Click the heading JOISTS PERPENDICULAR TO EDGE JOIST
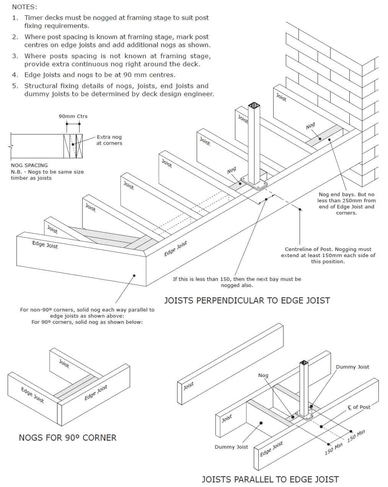(x=247, y=300)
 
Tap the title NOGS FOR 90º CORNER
(x=68, y=438)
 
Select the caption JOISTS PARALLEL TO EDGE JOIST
(x=270, y=479)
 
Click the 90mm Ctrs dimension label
(x=73, y=116)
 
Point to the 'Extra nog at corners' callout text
(x=109, y=140)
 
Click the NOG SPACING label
(x=29, y=165)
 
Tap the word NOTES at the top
(x=24, y=7)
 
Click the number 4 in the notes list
(x=15, y=75)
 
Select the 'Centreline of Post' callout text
(x=328, y=255)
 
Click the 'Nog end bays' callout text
(x=346, y=203)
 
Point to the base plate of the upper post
(x=254, y=183)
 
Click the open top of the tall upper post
(x=254, y=105)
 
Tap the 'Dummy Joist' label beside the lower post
(x=352, y=367)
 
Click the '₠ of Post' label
(x=359, y=407)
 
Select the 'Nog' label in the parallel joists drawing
(x=263, y=375)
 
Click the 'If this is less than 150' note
(x=237, y=282)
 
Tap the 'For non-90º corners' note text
(x=87, y=316)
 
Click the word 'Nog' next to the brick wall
(x=310, y=126)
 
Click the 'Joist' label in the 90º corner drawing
(x=64, y=364)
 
